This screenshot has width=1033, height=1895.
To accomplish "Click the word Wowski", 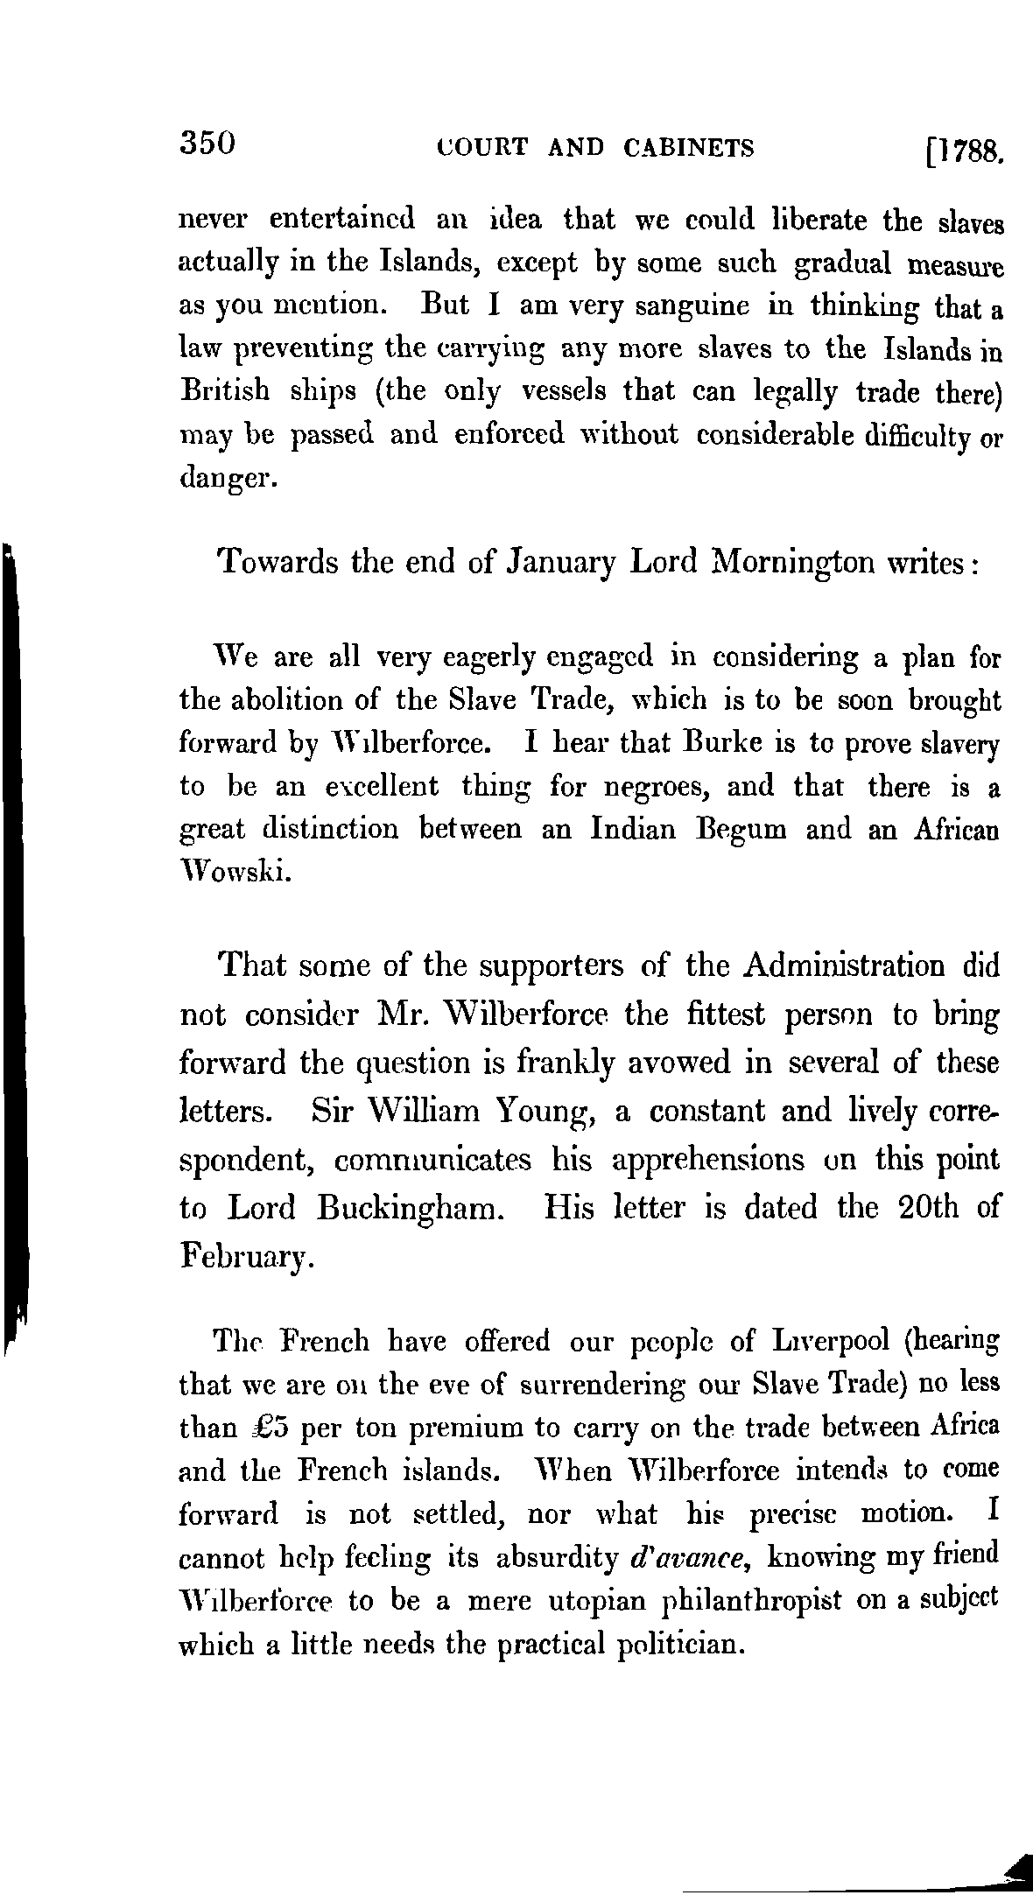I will pyautogui.click(x=231, y=872).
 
